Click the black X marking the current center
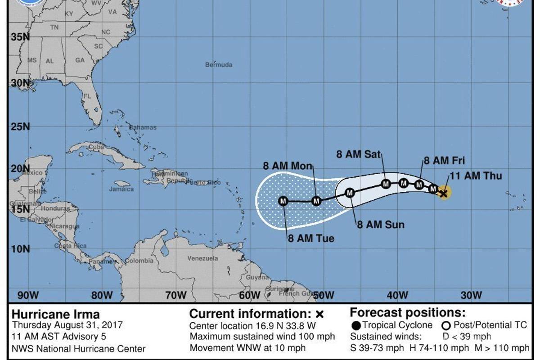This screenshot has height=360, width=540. tap(444, 193)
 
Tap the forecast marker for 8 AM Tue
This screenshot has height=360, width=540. tap(283, 201)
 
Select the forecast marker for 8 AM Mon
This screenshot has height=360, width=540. tap(316, 201)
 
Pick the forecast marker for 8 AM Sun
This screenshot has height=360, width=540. tap(350, 193)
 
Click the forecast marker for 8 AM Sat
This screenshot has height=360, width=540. tap(386, 184)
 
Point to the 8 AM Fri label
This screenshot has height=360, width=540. tap(444, 161)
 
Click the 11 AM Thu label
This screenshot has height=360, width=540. tap(476, 176)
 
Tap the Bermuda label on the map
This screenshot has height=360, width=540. tap(219, 65)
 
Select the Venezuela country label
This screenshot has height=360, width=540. tap(202, 258)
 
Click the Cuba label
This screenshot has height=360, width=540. tap(96, 147)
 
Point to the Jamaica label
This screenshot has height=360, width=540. tap(121, 189)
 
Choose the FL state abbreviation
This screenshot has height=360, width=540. tap(87, 96)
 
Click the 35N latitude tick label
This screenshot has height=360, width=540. tap(20, 37)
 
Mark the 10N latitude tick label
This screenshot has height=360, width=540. tap(20, 249)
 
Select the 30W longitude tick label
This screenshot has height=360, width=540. tap(471, 296)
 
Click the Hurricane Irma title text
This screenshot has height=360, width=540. tap(55, 314)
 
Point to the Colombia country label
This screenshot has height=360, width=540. tap(139, 261)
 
